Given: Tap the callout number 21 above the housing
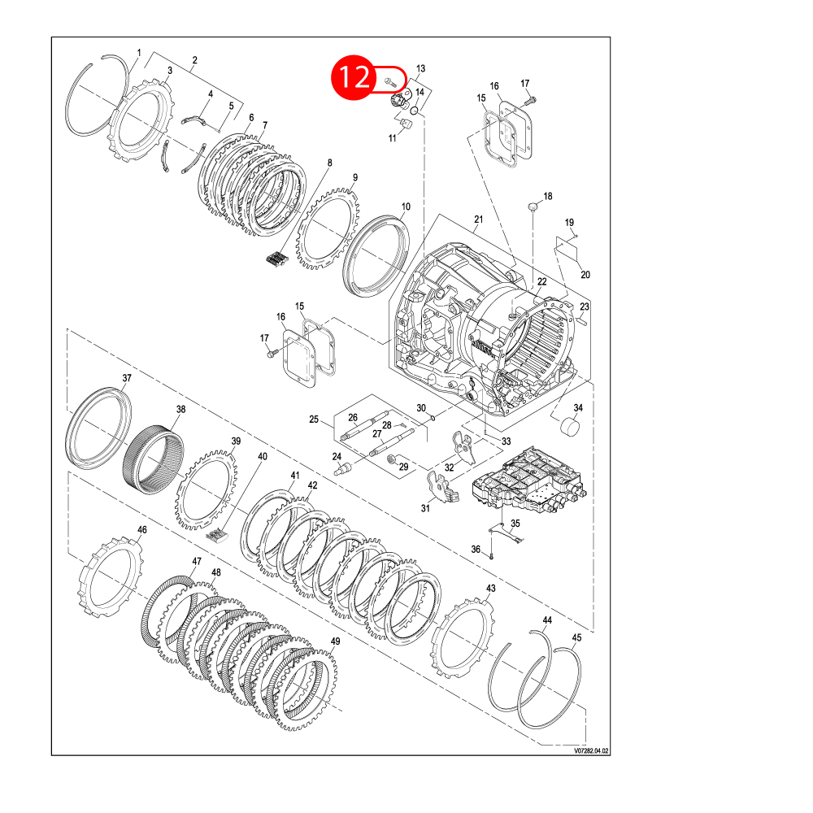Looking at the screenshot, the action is pyautogui.click(x=479, y=220).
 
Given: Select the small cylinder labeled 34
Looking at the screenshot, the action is pyautogui.click(x=571, y=428).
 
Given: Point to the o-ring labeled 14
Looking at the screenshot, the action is pyautogui.click(x=415, y=111).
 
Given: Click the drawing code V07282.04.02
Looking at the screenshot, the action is pyautogui.click(x=591, y=750).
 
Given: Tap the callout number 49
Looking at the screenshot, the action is pyautogui.click(x=336, y=641).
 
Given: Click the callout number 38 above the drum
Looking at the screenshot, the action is pyautogui.click(x=180, y=409).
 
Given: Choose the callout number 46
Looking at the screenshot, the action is pyautogui.click(x=142, y=529).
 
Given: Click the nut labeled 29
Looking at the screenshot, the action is pyautogui.click(x=392, y=459).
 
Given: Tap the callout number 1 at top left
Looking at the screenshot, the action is pyautogui.click(x=139, y=52).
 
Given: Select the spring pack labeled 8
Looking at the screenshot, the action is pyautogui.click(x=276, y=259).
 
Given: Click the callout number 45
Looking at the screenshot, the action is pyautogui.click(x=576, y=637).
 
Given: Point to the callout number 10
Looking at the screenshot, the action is pyautogui.click(x=406, y=207).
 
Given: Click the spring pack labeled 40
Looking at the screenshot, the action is pyautogui.click(x=217, y=535).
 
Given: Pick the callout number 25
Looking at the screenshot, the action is pyautogui.click(x=314, y=419).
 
